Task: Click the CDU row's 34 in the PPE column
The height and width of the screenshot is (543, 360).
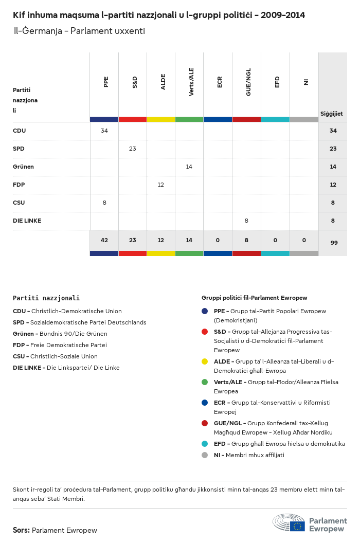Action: point(104,131)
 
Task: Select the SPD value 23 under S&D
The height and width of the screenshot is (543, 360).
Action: point(133,149)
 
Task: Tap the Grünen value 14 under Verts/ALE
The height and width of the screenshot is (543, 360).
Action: point(189,167)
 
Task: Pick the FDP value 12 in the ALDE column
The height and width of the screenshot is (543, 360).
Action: point(161,185)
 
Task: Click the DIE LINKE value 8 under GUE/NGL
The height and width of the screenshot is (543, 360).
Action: point(246,221)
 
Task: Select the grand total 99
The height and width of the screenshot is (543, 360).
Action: point(334,243)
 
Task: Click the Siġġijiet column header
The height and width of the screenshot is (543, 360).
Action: point(332,114)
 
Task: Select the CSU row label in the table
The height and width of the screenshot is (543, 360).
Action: point(19,203)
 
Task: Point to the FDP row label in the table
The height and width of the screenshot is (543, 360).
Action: point(19,185)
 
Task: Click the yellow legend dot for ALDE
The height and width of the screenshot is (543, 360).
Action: point(205,361)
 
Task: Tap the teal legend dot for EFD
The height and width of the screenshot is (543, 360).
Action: point(205,444)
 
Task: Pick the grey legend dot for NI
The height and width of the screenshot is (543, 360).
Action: point(205,455)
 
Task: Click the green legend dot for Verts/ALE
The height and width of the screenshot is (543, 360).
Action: point(205,382)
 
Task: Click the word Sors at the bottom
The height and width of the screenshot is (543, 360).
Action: point(21,530)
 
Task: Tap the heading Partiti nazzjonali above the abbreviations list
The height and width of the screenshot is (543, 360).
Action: point(46,298)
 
